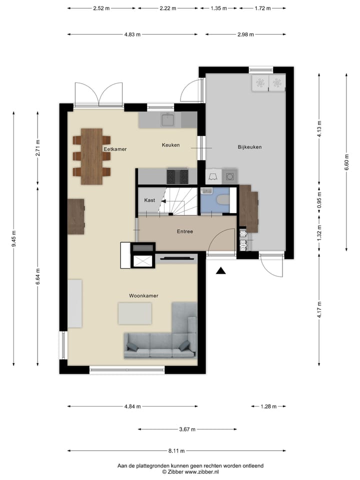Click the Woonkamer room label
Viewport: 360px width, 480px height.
(x=143, y=295)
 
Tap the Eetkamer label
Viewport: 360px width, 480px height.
(x=115, y=149)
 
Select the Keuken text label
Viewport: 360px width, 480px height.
(x=170, y=145)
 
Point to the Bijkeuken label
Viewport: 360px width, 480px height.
(x=249, y=147)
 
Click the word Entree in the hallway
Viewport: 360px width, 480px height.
(x=184, y=231)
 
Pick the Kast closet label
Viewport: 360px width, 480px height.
(x=149, y=200)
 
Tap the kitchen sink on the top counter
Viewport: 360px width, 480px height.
(x=167, y=120)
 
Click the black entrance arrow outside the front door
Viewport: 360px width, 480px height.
(x=220, y=271)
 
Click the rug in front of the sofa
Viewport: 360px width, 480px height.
(x=134, y=313)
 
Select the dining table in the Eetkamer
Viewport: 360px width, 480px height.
(x=91, y=156)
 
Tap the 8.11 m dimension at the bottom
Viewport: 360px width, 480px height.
(x=176, y=450)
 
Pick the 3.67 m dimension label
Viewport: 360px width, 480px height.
(x=187, y=429)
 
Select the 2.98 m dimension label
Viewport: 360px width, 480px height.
(x=245, y=34)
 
